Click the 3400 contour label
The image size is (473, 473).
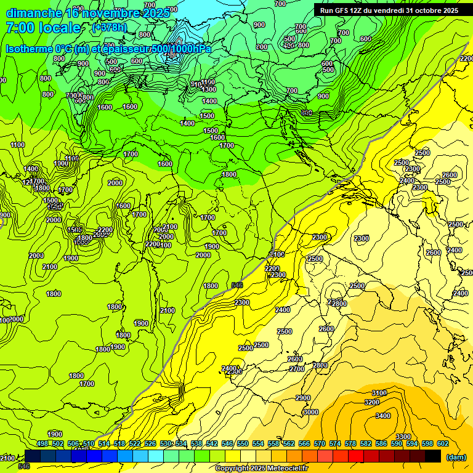[382, 416]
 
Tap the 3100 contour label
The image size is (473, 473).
[379, 393]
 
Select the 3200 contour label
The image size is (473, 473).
[372, 402]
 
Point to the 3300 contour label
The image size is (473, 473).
[403, 437]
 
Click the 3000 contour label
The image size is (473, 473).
[310, 412]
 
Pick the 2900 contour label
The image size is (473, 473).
[302, 398]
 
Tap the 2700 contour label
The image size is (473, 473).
[297, 369]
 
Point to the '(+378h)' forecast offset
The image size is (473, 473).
[110, 28]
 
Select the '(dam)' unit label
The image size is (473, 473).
[456, 457]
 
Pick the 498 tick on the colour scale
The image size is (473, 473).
[42, 443]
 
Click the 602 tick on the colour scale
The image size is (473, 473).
[442, 443]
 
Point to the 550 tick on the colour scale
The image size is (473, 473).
[242, 443]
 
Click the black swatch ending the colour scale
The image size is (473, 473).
[433, 456]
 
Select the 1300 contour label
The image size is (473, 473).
[209, 89]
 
